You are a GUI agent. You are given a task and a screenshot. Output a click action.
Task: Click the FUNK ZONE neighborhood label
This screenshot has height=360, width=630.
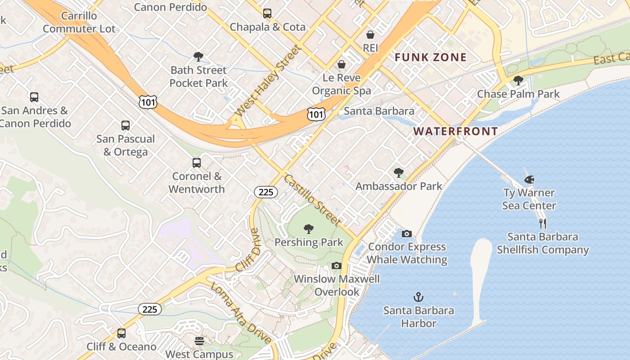431,58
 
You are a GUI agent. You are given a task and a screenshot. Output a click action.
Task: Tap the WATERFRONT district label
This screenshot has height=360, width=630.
455,131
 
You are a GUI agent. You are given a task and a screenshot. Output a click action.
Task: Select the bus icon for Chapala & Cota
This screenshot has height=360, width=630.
267,13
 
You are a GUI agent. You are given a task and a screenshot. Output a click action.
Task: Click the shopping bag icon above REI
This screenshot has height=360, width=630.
370,35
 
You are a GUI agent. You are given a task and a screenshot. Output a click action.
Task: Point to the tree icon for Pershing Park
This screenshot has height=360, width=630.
309,229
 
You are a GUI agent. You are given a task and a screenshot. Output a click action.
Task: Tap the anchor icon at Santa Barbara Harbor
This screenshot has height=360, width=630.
418,297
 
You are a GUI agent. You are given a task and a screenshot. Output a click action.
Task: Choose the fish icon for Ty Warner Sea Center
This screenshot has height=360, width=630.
529,180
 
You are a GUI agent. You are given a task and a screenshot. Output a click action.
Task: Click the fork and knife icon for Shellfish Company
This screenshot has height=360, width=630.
543,224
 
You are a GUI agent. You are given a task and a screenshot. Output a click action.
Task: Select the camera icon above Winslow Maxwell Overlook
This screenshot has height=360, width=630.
337,266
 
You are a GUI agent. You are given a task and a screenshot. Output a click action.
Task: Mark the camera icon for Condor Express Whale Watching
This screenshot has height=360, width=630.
406,234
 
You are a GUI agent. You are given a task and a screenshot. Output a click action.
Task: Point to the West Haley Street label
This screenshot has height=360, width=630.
267,81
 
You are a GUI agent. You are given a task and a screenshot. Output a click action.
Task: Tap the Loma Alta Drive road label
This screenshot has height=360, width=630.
241,312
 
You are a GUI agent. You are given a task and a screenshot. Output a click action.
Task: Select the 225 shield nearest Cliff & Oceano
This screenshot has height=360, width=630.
149,309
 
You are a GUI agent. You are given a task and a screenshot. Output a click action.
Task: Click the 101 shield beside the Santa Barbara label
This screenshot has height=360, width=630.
316,114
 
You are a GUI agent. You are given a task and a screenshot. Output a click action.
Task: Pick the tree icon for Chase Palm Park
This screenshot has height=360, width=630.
518,81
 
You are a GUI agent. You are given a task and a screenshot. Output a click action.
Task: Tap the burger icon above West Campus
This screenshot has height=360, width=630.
199,341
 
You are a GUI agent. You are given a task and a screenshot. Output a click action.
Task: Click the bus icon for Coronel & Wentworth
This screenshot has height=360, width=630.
197,163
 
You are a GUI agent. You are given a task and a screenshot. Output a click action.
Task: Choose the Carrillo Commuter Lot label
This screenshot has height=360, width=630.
79,22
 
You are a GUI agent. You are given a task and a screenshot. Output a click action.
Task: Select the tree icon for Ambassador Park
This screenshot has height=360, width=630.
398,173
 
